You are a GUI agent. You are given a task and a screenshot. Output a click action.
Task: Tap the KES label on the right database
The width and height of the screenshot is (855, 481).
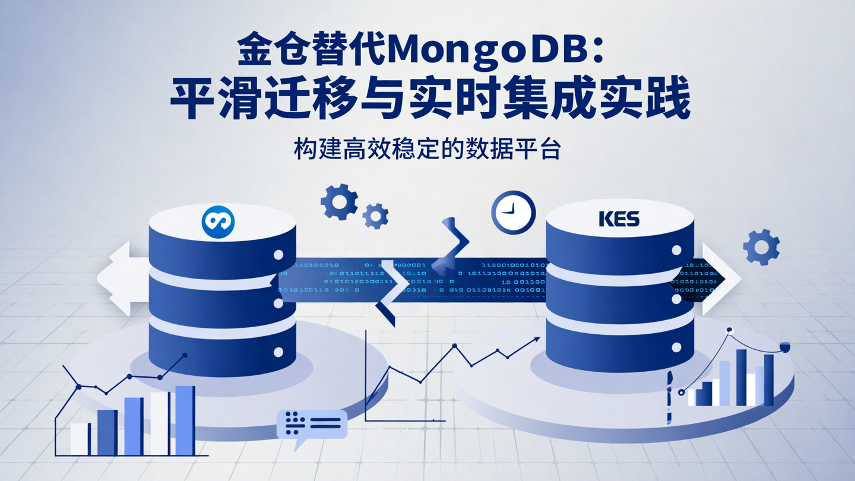(x=619, y=219)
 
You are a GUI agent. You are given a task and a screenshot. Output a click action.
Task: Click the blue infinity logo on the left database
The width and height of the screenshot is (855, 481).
(x=218, y=222)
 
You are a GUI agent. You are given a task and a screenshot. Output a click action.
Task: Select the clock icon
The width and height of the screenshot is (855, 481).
(x=513, y=212)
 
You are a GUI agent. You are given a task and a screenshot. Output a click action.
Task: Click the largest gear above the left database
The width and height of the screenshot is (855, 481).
(x=339, y=202)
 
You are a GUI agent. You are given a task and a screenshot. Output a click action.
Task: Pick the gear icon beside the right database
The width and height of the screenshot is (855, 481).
(x=761, y=246)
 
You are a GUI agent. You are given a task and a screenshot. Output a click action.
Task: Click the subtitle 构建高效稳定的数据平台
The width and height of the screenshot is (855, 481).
(x=427, y=150)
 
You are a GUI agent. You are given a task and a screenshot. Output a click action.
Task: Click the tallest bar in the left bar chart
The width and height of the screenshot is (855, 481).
(x=185, y=420)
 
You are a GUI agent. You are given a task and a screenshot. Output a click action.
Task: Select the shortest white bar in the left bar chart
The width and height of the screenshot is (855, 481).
(x=80, y=439)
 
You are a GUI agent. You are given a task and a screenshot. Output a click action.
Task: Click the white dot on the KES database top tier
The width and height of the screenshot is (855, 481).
(x=676, y=251)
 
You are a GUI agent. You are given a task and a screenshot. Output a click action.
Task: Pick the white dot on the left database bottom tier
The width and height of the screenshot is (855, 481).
(x=278, y=352)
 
